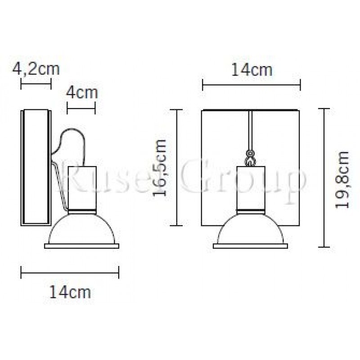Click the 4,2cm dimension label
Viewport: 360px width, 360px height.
36,69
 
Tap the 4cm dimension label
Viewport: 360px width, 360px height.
81,93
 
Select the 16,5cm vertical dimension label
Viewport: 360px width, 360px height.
160,167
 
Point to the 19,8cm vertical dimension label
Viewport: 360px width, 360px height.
344,179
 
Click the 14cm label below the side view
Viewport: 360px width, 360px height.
70,292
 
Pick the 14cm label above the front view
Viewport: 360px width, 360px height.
252,70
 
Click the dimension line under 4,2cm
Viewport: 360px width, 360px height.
36,84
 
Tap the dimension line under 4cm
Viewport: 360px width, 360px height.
81,108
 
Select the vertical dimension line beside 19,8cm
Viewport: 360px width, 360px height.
324,178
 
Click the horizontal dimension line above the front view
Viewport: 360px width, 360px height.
251,84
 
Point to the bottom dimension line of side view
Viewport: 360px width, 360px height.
70,272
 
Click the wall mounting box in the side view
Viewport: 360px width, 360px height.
36,167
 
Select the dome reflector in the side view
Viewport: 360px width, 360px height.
82,229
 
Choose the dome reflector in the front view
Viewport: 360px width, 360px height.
250,229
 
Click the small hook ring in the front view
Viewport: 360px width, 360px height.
250,158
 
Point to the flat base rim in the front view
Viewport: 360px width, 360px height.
250,246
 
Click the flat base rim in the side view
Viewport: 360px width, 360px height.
82,246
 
